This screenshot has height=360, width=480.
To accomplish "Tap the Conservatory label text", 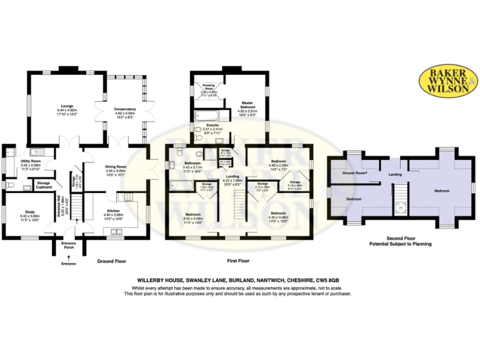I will [x=124, y=109].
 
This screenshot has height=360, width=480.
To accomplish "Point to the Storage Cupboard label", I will [x=43, y=185].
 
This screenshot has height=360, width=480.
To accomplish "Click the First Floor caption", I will [x=238, y=261].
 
